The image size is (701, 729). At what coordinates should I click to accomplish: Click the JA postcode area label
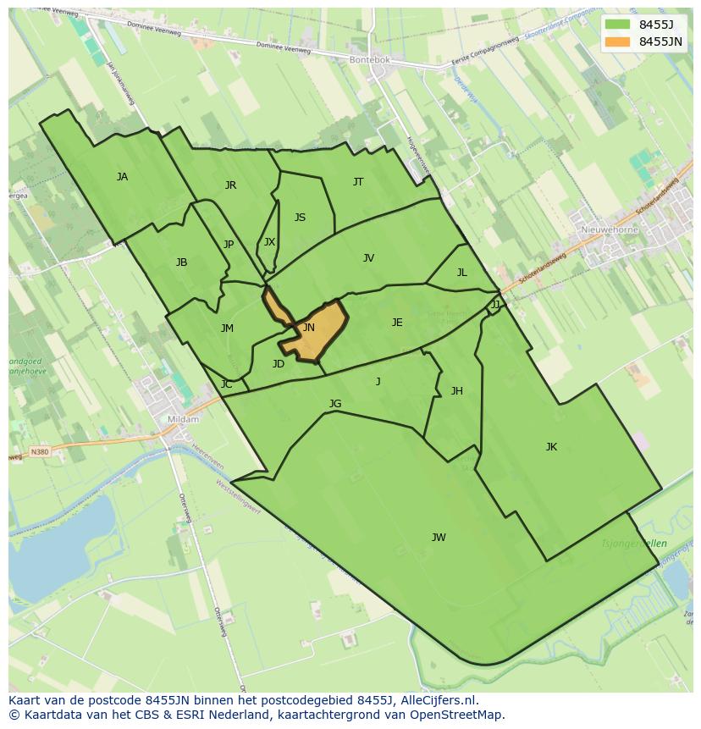point(123,177)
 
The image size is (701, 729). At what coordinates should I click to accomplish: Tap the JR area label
point(230,185)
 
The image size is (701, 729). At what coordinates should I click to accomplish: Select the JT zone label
point(358,182)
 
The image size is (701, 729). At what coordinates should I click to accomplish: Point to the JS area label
point(300,218)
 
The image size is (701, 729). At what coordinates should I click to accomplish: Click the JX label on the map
point(269,242)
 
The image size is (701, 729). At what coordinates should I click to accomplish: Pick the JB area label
point(181,262)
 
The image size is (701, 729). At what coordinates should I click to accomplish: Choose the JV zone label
point(368,258)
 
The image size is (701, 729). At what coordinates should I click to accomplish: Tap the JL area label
point(461,273)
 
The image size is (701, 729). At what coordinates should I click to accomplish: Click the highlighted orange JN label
point(309,328)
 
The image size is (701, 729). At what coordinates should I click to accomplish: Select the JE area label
point(397,323)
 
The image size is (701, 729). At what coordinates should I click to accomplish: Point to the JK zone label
point(551,447)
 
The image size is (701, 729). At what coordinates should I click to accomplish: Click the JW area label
point(439,538)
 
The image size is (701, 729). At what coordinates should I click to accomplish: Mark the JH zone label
point(456,391)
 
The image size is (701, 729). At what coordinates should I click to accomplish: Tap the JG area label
point(335,404)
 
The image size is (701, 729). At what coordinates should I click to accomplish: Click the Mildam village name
point(184,419)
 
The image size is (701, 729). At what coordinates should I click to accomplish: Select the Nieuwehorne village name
point(610,229)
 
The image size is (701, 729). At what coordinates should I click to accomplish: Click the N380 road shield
point(39,452)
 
